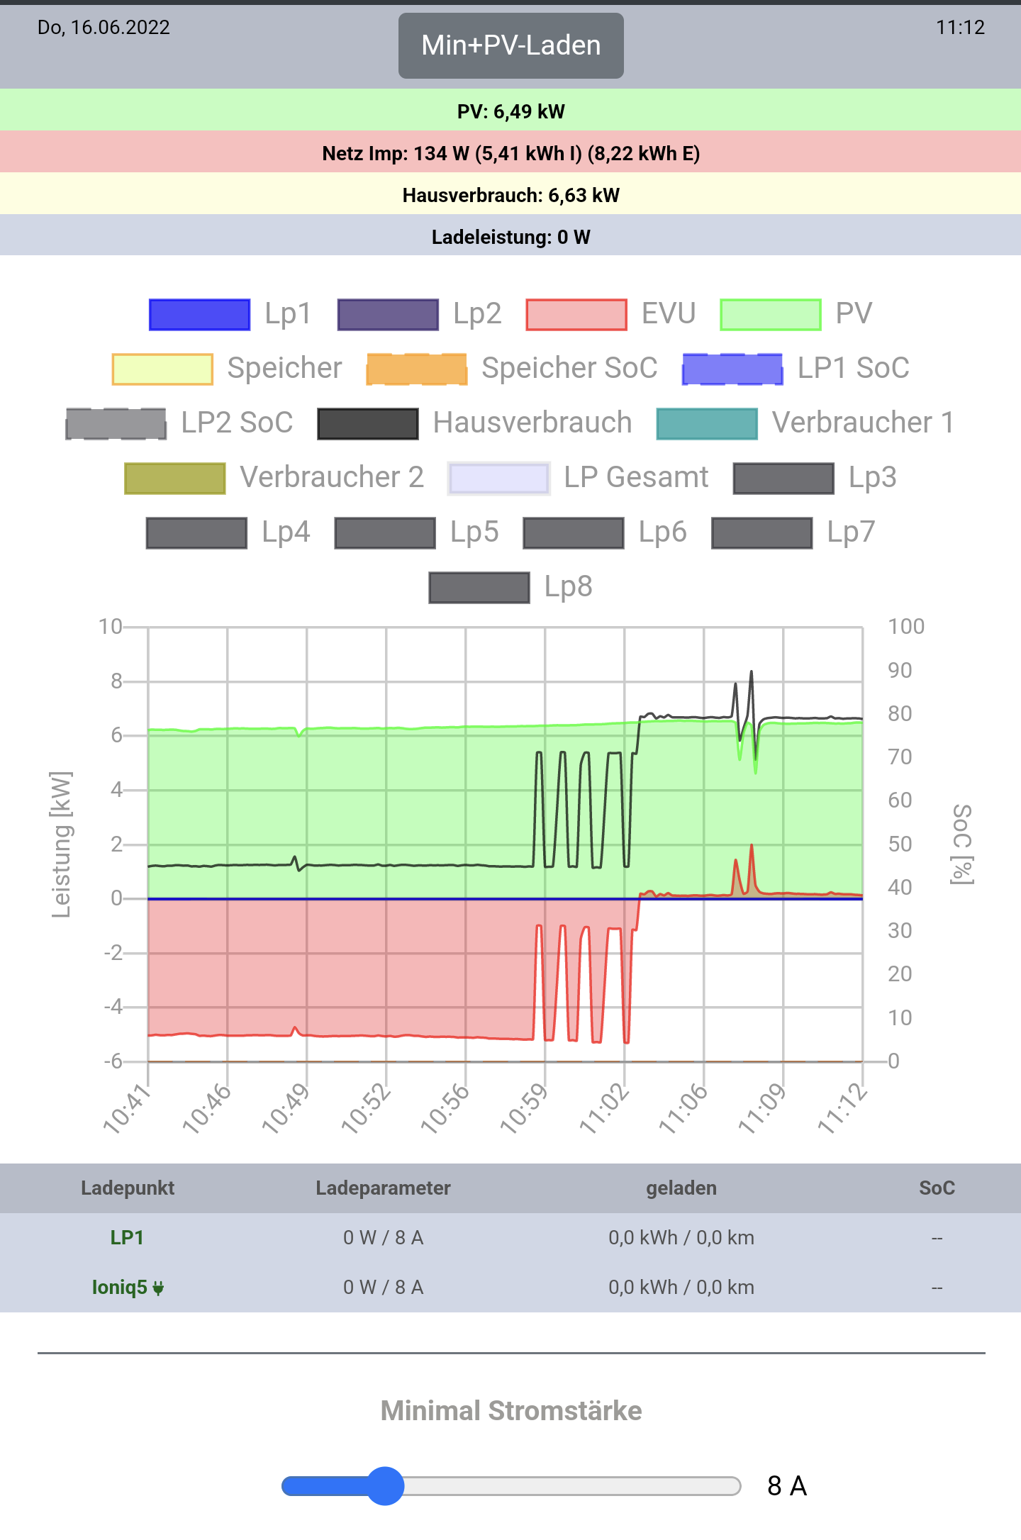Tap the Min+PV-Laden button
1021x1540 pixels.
(x=510, y=45)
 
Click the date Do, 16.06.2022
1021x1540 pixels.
(x=104, y=28)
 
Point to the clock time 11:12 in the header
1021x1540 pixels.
(x=960, y=28)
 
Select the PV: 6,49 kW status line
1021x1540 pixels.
(x=510, y=111)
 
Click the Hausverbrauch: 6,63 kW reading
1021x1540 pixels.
(x=510, y=195)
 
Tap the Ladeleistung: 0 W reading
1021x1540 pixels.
(x=510, y=237)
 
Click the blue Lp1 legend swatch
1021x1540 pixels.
(x=199, y=315)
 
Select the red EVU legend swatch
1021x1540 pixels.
(x=576, y=315)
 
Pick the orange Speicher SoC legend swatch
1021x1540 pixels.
(x=417, y=369)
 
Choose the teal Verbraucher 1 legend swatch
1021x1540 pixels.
(x=707, y=424)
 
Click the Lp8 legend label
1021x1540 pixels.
(x=568, y=587)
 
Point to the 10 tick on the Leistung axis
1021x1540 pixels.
(x=110, y=627)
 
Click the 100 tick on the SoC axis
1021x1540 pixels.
(x=906, y=627)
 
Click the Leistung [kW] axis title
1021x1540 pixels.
(x=62, y=844)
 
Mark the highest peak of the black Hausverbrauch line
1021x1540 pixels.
(x=752, y=671)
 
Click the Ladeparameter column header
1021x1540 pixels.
(x=383, y=1188)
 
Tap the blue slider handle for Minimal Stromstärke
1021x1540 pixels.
(x=385, y=1485)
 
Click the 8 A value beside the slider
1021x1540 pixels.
(x=787, y=1486)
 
